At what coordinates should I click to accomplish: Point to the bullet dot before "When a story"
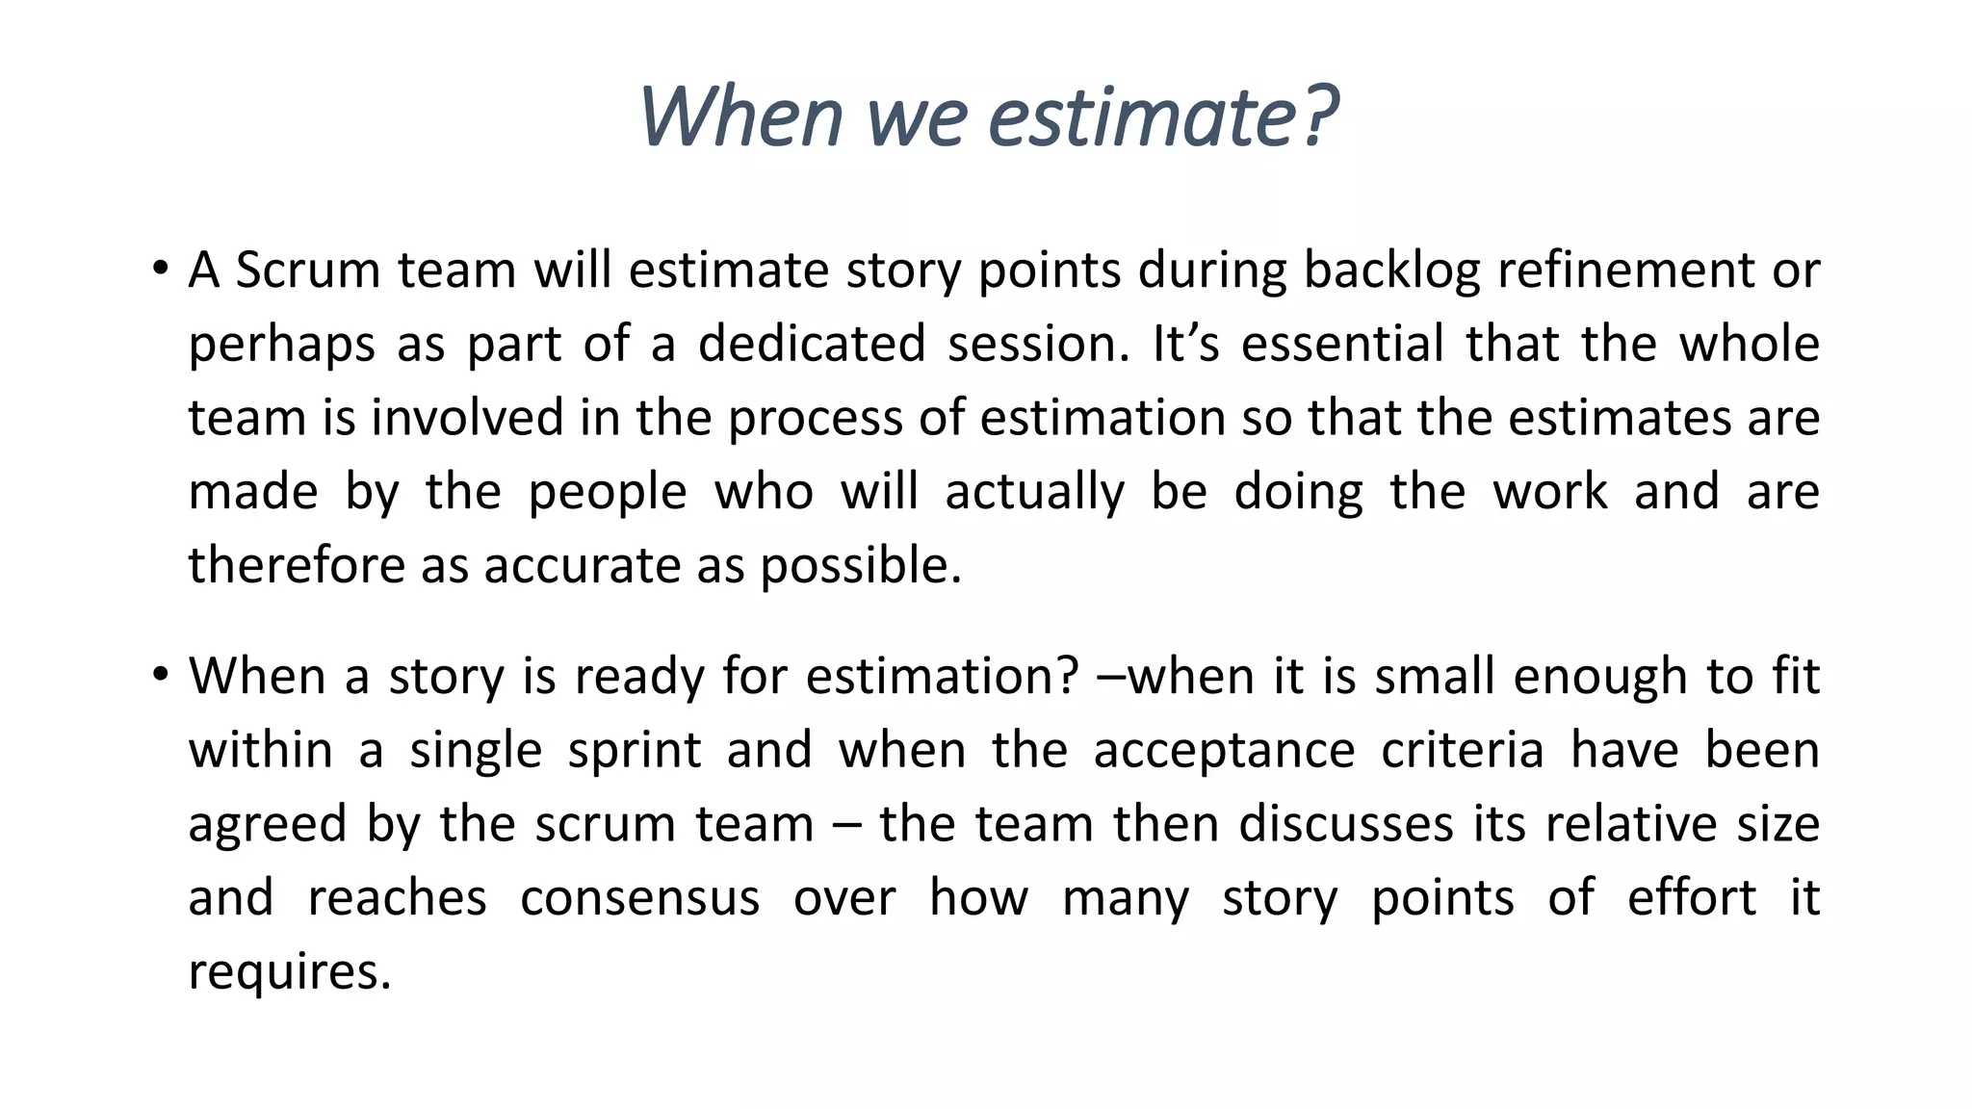point(160,674)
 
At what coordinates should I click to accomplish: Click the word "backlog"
point(1391,271)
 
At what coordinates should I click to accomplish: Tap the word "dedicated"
point(812,344)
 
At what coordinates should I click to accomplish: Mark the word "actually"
point(1034,493)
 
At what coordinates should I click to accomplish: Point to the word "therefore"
point(297,565)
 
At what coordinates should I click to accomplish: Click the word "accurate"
point(582,565)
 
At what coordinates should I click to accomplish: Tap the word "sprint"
point(635,751)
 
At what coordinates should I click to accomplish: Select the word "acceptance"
point(1224,751)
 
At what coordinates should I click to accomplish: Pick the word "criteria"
point(1463,750)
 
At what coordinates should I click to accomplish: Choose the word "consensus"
point(639,898)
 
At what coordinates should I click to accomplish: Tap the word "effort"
point(1691,897)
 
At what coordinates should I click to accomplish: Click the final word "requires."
point(290,972)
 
